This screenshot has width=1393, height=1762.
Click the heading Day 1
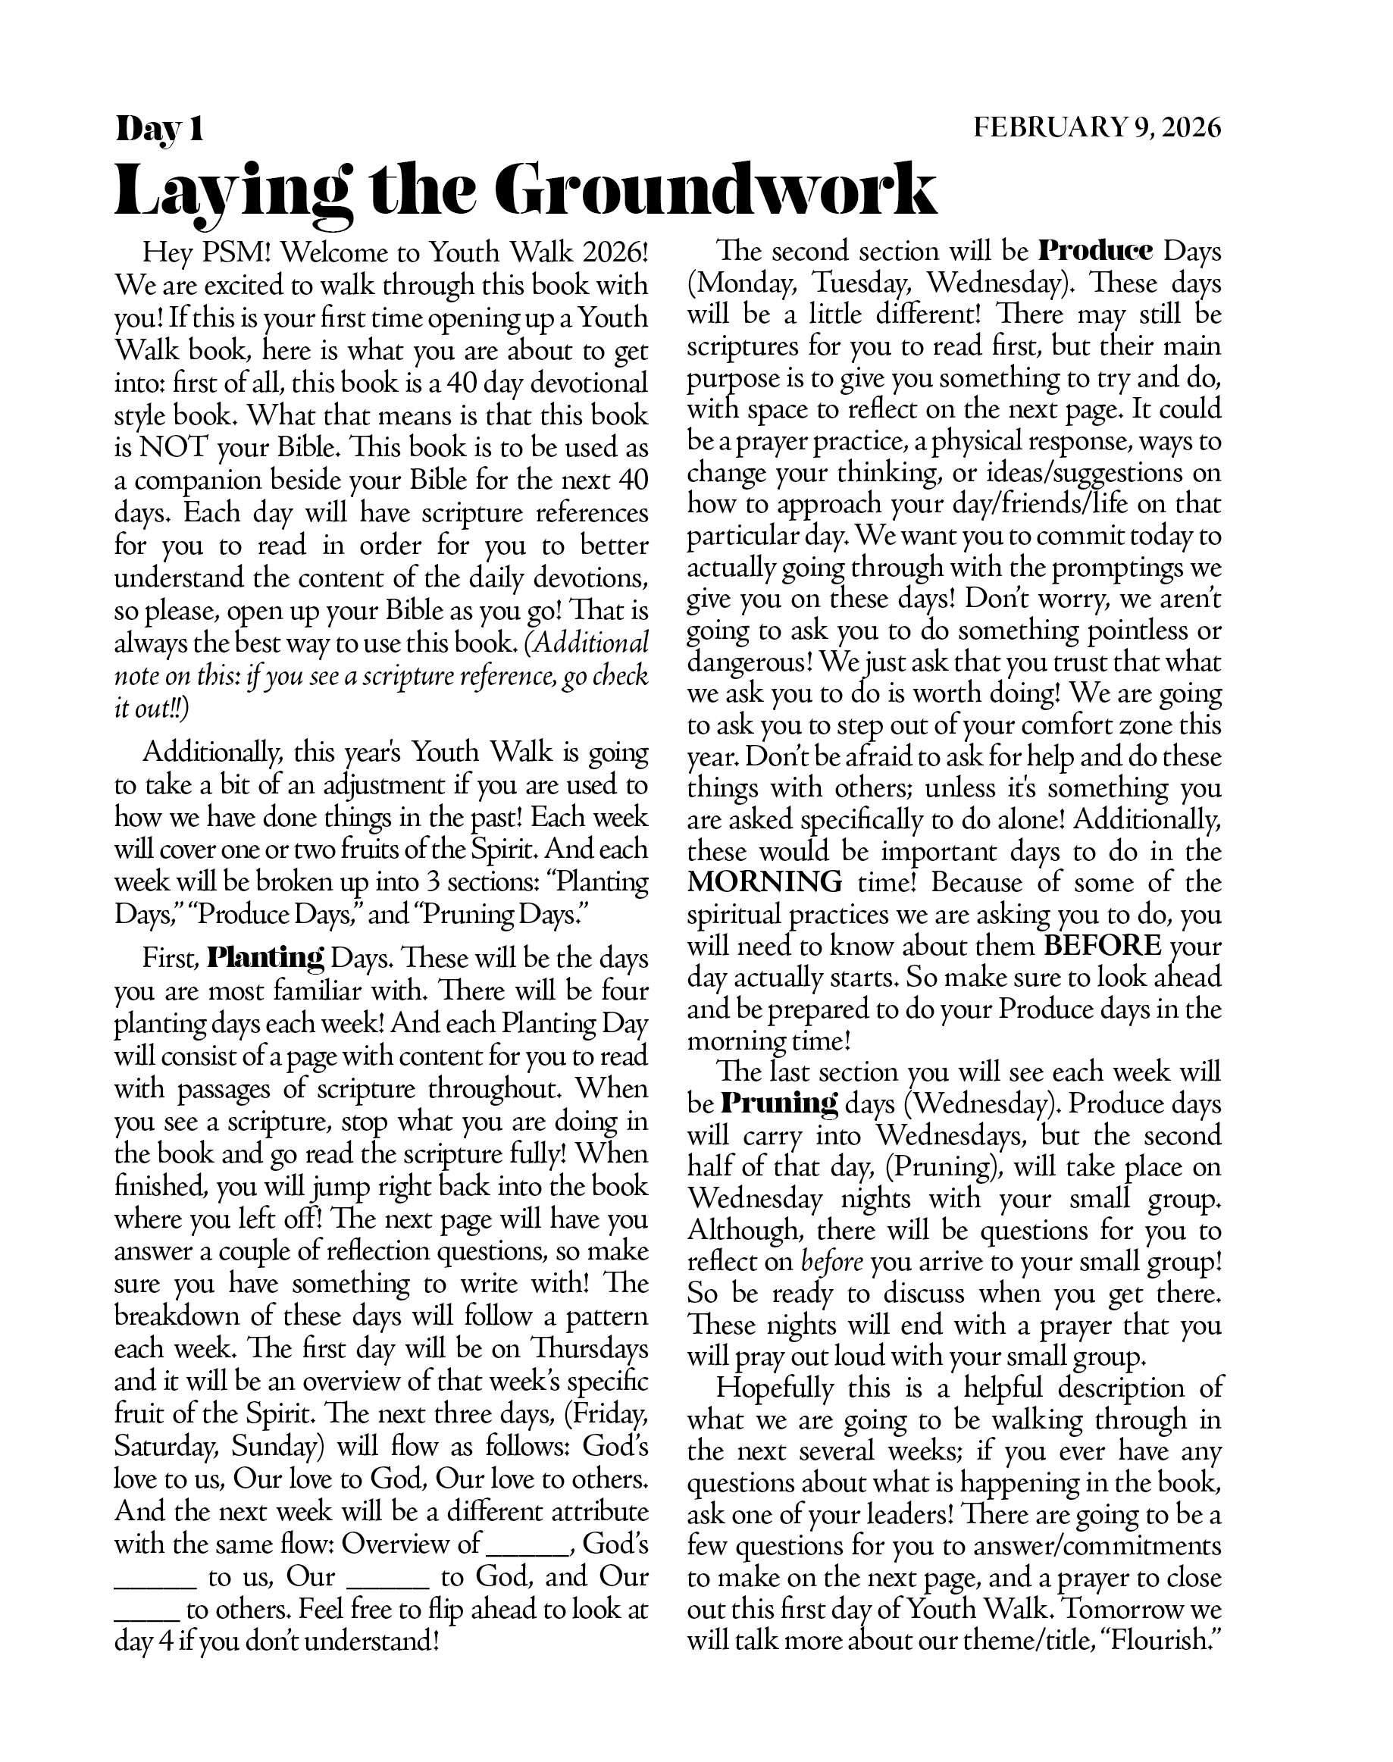pos(159,129)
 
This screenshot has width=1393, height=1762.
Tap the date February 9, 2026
pos(1097,128)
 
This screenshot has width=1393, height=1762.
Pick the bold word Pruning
pos(780,1104)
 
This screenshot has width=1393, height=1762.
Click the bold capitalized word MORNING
pos(764,882)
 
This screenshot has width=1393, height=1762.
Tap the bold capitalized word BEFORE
pos(1103,946)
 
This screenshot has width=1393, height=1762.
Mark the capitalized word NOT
pos(179,448)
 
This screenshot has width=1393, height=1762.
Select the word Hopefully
pos(774,1387)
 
